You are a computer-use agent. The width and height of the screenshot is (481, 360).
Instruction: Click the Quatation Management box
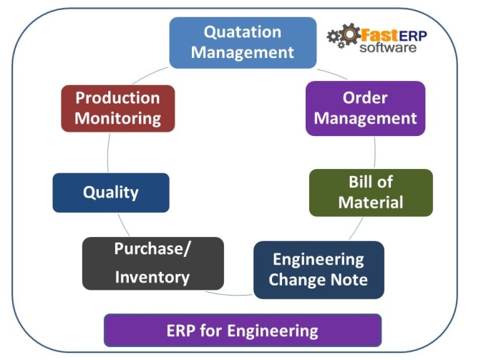click(x=242, y=42)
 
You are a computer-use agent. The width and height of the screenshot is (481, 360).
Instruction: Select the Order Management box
click(x=365, y=108)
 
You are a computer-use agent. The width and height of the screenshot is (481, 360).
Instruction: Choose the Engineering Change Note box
click(x=319, y=269)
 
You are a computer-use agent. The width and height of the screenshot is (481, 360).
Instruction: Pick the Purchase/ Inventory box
click(x=152, y=263)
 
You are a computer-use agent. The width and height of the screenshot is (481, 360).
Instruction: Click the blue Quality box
click(x=111, y=193)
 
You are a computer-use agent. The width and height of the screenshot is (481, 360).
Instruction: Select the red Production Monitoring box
click(x=117, y=108)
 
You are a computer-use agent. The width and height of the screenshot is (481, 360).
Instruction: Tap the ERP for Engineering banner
click(x=243, y=330)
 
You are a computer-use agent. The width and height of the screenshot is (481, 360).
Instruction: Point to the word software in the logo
click(x=387, y=48)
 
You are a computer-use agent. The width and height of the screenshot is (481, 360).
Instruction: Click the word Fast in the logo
click(x=376, y=34)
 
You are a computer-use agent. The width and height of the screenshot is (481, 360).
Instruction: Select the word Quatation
click(x=243, y=32)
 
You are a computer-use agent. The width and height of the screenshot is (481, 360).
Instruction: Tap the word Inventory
click(x=152, y=277)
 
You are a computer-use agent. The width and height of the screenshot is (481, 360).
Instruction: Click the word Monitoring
click(x=117, y=119)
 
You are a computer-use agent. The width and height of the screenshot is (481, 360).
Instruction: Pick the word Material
click(x=371, y=203)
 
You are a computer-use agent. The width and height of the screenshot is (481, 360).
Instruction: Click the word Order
click(x=365, y=97)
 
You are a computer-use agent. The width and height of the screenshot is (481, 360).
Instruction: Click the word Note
click(x=348, y=279)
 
